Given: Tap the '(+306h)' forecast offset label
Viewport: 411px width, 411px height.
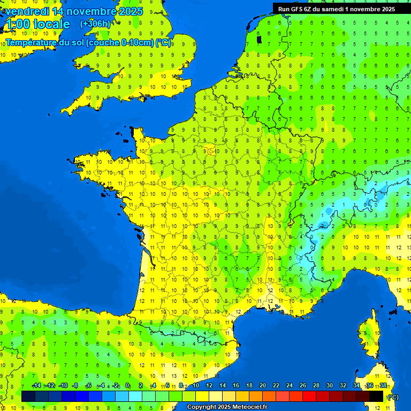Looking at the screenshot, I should (x=95, y=24).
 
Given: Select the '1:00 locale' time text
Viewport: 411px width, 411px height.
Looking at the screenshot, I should (x=37, y=24).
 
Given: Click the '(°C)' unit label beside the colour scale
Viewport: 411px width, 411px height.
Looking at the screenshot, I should (x=393, y=397).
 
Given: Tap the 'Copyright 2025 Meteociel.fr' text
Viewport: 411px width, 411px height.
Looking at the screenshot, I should (x=227, y=407).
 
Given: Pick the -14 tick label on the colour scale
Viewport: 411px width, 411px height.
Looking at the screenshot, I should (x=36, y=385).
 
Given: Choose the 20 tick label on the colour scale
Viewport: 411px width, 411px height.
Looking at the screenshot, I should (x=262, y=385).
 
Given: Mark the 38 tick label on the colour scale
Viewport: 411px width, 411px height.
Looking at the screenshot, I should (x=383, y=385).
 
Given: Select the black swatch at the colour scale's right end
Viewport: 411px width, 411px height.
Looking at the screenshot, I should (x=376, y=396).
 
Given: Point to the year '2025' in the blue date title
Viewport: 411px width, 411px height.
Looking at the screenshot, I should (x=127, y=11).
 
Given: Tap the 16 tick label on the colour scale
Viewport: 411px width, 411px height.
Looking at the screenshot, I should (x=235, y=385).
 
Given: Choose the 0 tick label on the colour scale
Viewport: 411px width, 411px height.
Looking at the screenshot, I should (x=127, y=385).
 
